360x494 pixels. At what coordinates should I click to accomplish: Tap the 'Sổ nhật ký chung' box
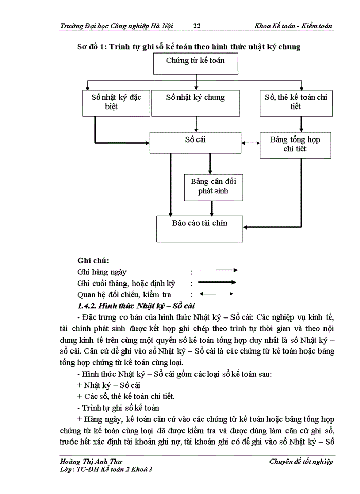click(x=195, y=102)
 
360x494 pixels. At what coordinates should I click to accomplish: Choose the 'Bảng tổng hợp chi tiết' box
click(x=295, y=144)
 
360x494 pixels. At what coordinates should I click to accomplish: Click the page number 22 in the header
click(x=197, y=26)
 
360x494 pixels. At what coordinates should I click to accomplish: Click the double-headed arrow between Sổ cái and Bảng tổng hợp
click(x=250, y=143)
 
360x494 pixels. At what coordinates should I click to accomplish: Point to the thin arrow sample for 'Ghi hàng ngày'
click(x=218, y=270)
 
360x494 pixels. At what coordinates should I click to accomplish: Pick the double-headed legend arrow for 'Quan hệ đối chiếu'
click(x=217, y=294)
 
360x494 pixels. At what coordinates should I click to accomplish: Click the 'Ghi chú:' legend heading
click(x=93, y=260)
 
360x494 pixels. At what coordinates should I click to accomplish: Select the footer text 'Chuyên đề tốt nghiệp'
click(x=301, y=462)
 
